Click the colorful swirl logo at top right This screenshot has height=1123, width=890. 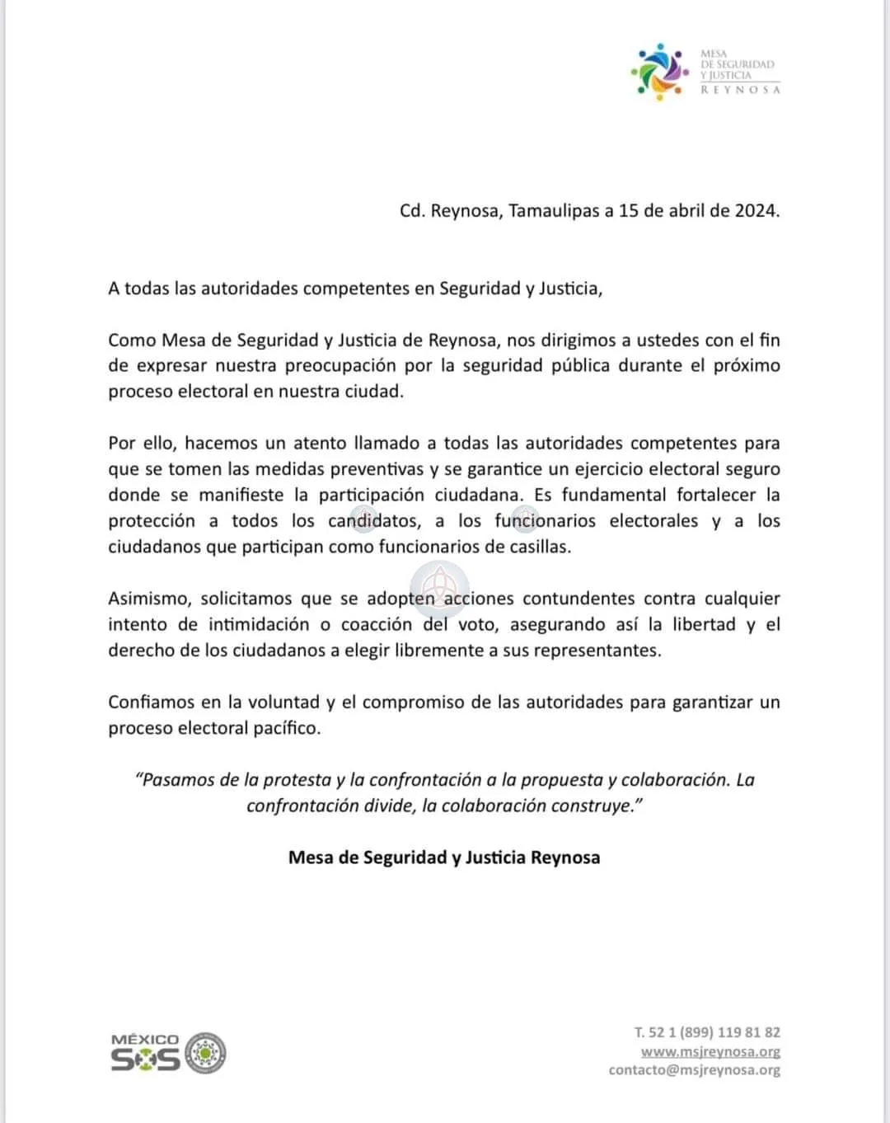point(658,72)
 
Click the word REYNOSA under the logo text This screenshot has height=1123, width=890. point(740,90)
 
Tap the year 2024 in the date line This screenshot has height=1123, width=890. point(756,210)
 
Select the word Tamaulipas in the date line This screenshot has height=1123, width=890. point(554,210)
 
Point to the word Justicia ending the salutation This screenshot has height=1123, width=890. point(569,289)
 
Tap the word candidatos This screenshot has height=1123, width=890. point(372,521)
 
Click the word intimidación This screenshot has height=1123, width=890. point(258,624)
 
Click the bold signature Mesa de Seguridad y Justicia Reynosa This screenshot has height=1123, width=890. point(444,858)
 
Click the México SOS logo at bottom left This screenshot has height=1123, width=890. point(168,1053)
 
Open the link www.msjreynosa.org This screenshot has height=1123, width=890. point(710,1051)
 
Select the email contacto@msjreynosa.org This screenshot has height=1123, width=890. point(694,1070)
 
